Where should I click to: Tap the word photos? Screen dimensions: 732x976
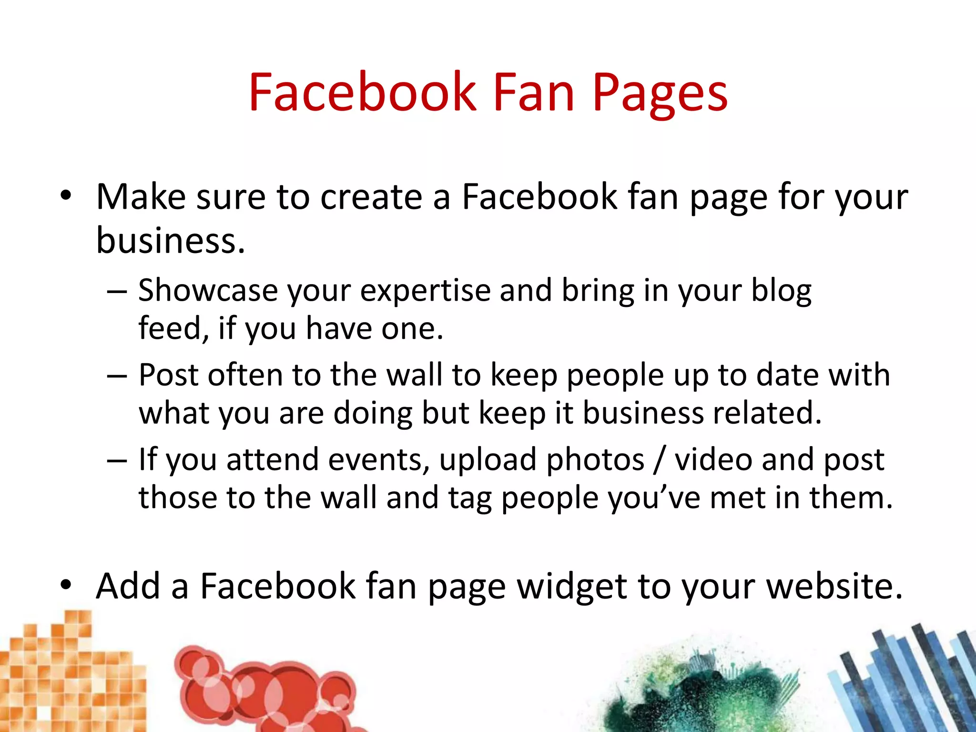tap(595, 460)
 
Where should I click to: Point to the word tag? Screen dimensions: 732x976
tap(469, 498)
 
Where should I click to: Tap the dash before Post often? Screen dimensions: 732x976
tap(117, 376)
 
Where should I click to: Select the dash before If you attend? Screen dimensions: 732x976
tap(117, 461)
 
